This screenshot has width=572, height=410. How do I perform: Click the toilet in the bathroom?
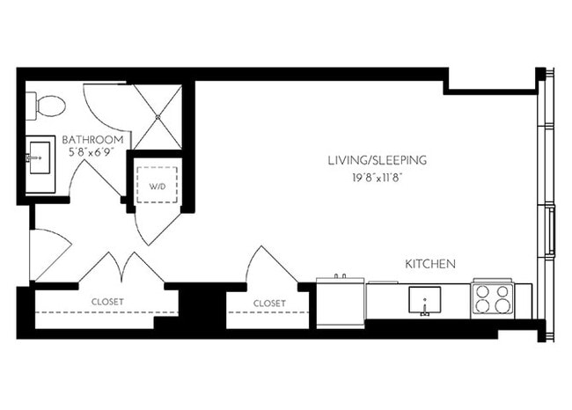click(48, 106)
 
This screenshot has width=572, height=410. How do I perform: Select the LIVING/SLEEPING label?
click(377, 160)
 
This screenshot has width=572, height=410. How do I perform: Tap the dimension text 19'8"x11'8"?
click(377, 177)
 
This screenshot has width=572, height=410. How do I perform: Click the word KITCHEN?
click(429, 263)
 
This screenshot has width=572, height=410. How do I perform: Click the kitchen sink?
click(425, 301)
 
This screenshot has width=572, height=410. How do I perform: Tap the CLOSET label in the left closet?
click(107, 302)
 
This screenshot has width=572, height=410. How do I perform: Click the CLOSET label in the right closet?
click(269, 303)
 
